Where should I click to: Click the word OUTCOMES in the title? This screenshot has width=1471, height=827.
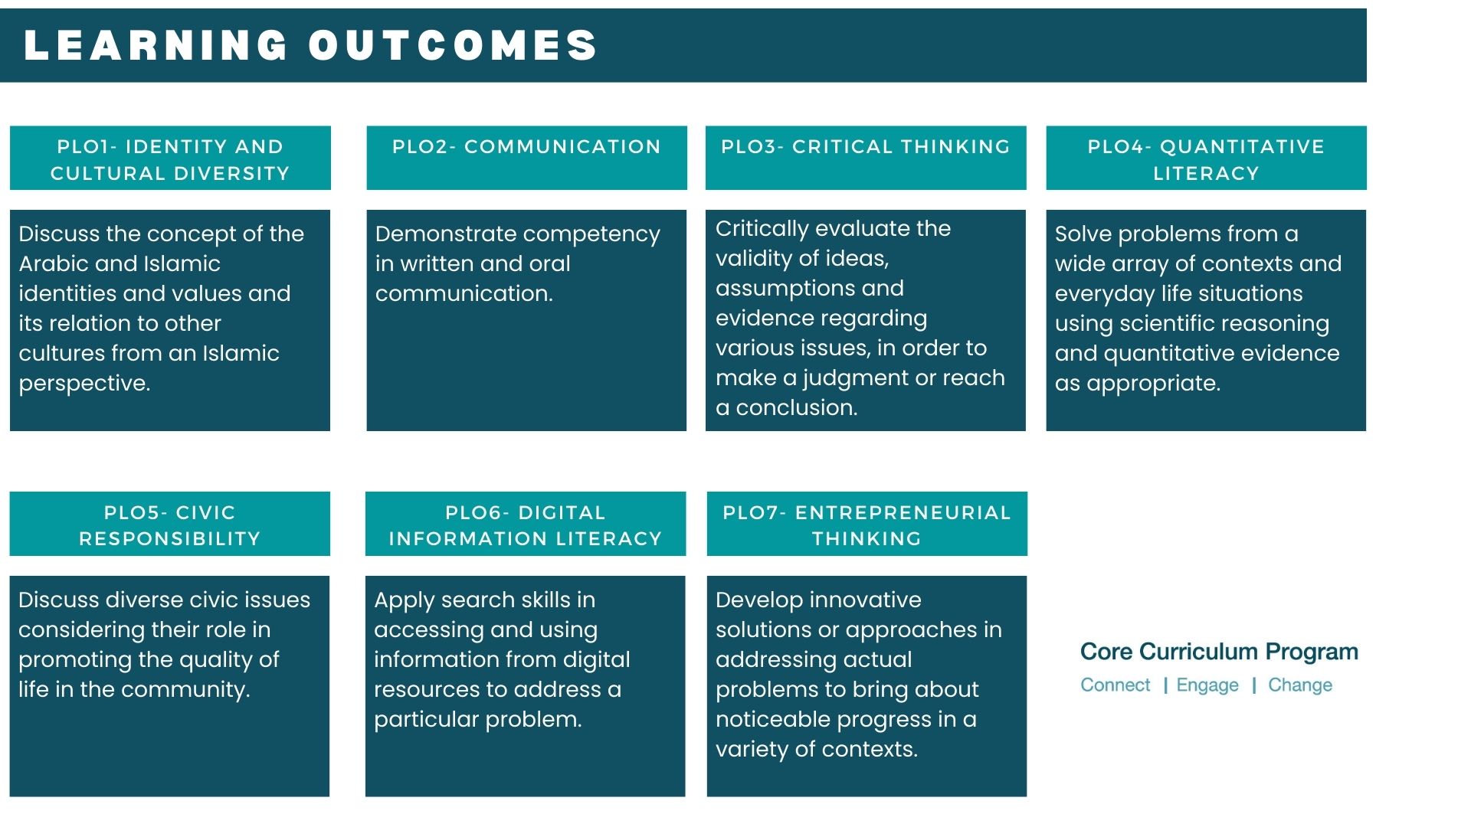[x=453, y=45]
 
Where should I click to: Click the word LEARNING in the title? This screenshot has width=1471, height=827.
[x=156, y=45]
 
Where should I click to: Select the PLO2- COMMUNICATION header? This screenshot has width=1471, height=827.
[x=526, y=147]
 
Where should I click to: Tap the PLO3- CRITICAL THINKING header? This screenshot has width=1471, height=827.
[x=866, y=147]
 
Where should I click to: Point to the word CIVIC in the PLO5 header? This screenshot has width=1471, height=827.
[x=205, y=513]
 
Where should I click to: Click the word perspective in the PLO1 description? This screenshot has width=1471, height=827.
[x=84, y=384]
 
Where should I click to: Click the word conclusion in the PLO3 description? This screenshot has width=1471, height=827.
[x=796, y=408]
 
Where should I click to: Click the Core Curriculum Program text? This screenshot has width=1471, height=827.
[x=1219, y=652]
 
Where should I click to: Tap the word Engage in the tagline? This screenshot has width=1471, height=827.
[x=1207, y=685]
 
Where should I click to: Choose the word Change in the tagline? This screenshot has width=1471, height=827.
[x=1300, y=685]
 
